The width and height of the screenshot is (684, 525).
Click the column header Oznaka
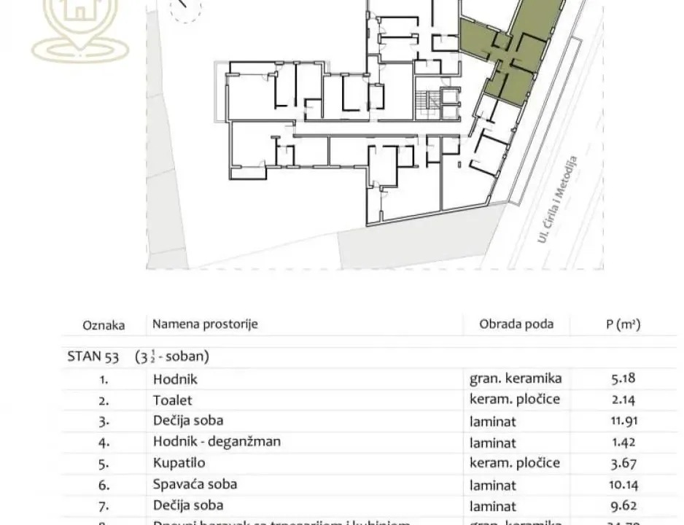click(103, 325)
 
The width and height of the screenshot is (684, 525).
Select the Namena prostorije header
click(205, 324)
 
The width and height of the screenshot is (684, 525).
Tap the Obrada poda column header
click(516, 324)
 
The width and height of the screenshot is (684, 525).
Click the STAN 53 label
click(94, 357)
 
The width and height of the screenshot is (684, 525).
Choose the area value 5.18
click(622, 378)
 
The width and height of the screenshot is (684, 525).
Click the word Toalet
click(173, 400)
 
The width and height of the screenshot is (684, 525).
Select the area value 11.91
click(622, 421)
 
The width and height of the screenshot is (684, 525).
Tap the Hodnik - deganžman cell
click(217, 441)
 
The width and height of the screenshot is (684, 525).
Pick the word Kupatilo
click(179, 462)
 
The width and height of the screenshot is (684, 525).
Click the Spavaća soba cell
click(195, 483)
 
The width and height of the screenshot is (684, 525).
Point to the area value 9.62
click(622, 505)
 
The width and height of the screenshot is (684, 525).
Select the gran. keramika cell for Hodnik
click(515, 378)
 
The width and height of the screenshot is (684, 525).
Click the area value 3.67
click(622, 463)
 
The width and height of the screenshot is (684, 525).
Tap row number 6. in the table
click(104, 484)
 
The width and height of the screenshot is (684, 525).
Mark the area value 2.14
click(622, 400)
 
